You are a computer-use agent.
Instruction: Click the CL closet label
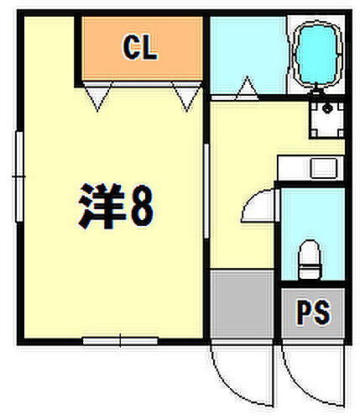coord(140,50)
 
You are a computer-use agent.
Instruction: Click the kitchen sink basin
coord(321,168)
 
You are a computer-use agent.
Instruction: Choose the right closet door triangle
coord(185,97)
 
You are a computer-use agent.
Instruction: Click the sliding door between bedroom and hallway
coord(207,176)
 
